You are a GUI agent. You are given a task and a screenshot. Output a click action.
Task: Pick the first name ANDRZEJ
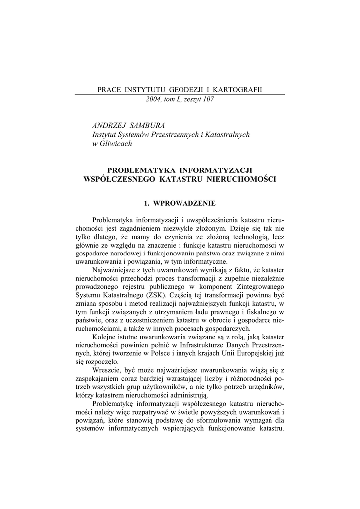pyautogui.click(x=109, y=125)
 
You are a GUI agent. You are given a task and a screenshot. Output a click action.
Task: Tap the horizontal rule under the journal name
pyautogui.click(x=180, y=95)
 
